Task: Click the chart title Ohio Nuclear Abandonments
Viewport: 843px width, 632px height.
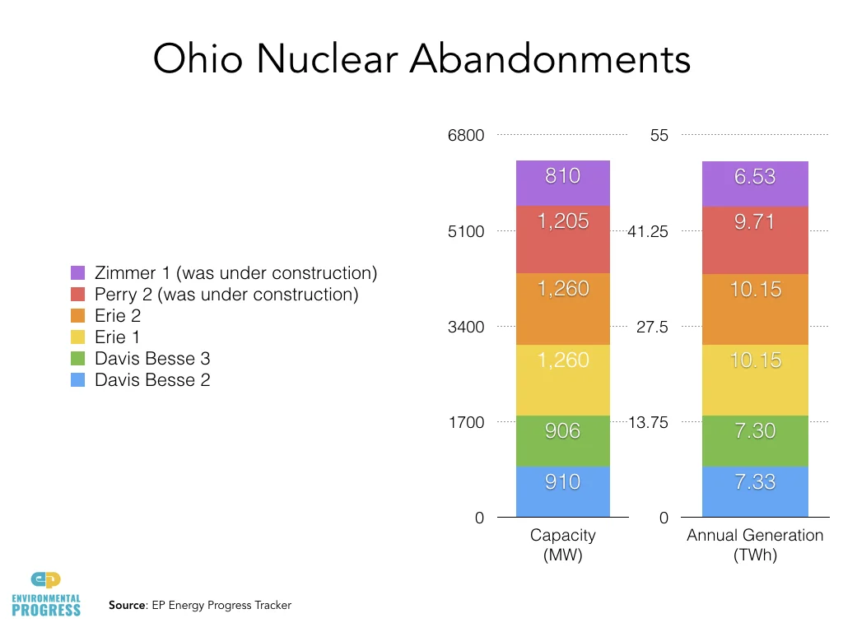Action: pyautogui.click(x=421, y=60)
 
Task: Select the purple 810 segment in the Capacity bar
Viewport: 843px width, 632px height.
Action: pyautogui.click(x=562, y=182)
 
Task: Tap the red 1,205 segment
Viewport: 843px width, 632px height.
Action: pyautogui.click(x=562, y=239)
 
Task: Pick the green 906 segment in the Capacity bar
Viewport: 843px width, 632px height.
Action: pyautogui.click(x=562, y=440)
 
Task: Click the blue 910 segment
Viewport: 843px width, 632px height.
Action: pyautogui.click(x=562, y=491)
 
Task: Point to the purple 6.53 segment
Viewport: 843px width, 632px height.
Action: pyautogui.click(x=755, y=183)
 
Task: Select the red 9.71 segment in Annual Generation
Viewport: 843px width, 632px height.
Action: pyautogui.click(x=755, y=239)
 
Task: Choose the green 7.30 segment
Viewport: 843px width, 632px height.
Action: pyautogui.click(x=755, y=440)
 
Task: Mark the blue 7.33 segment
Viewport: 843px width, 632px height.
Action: pyautogui.click(x=755, y=491)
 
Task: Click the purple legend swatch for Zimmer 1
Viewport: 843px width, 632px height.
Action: pyautogui.click(x=78, y=272)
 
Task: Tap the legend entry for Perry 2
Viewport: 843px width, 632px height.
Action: pyautogui.click(x=226, y=294)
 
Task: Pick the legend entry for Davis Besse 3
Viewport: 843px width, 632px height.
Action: pyautogui.click(x=152, y=358)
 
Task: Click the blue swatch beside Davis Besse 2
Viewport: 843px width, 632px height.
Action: pyautogui.click(x=78, y=379)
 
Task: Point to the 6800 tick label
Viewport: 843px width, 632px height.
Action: pyautogui.click(x=466, y=135)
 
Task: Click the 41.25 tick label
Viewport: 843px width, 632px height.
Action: pyautogui.click(x=648, y=231)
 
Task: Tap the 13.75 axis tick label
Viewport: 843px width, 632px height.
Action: pyautogui.click(x=648, y=422)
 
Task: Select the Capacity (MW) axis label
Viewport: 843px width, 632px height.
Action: pyautogui.click(x=562, y=545)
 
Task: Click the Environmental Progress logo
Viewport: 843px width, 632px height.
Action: pyautogui.click(x=46, y=593)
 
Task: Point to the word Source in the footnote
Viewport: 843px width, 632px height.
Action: pyautogui.click(x=127, y=606)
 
